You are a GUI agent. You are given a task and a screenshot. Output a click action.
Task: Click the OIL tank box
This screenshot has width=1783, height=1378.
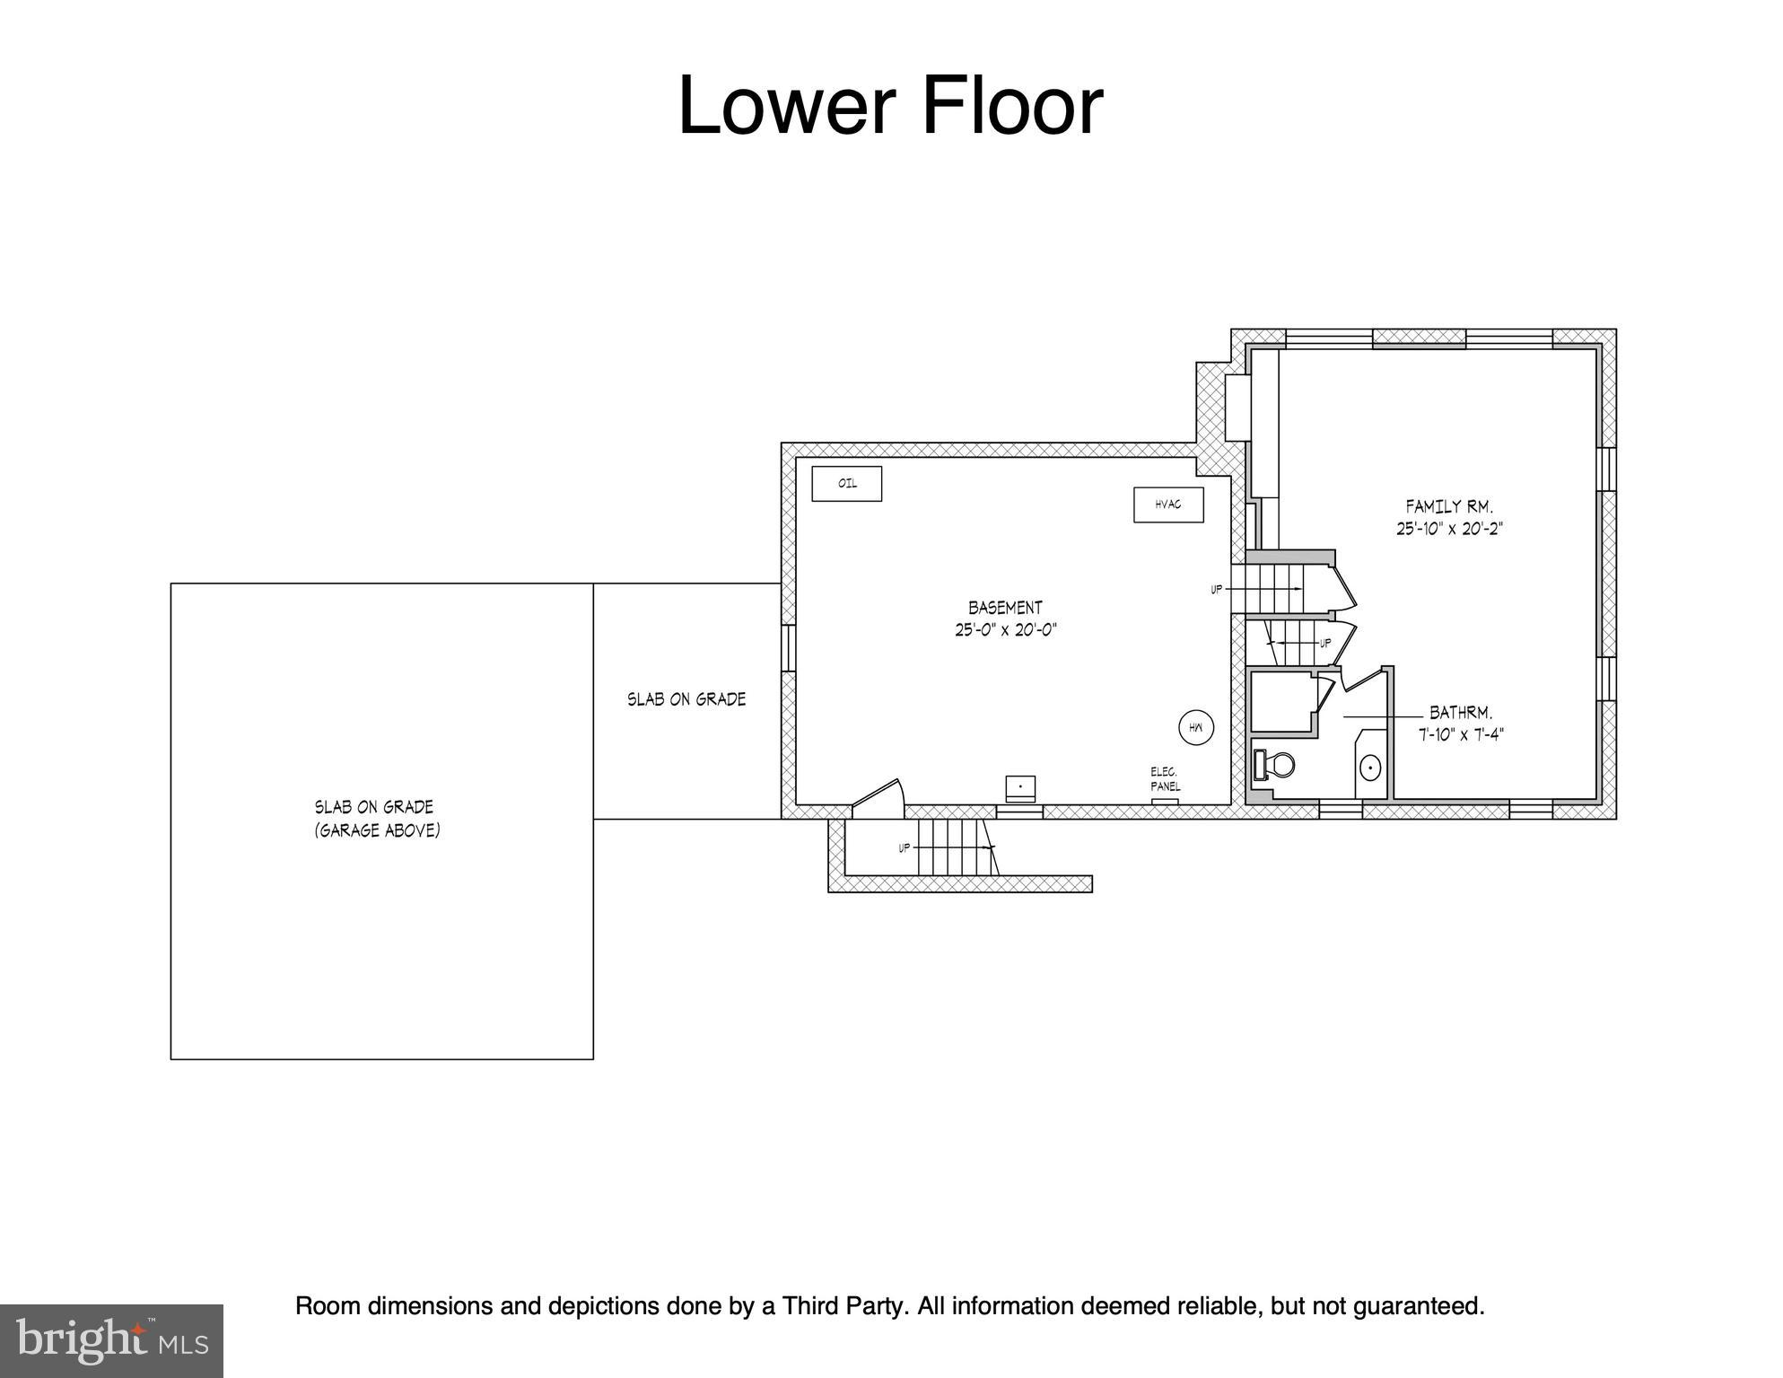pos(846,484)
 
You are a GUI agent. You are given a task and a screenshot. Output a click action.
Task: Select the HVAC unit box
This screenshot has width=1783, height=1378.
pos(1168,505)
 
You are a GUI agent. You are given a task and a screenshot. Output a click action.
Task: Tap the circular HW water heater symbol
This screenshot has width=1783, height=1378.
pos(1196,728)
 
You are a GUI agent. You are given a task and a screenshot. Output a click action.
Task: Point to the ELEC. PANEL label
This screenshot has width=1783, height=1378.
pos(1166,779)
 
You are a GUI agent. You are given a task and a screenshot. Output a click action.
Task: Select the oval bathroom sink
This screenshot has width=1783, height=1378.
pos(1370,768)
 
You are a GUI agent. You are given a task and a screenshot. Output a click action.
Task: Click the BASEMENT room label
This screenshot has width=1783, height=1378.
pos(1005,608)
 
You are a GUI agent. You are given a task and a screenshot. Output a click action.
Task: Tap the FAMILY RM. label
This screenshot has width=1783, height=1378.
pos(1449,507)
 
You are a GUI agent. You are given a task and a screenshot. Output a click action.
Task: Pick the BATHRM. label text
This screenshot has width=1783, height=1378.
pos(1461,713)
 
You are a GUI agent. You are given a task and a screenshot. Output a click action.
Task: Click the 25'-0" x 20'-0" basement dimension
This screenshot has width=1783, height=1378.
pos(1006,630)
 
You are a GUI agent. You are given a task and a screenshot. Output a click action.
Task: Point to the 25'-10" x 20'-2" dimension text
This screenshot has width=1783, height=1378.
pos(1449,529)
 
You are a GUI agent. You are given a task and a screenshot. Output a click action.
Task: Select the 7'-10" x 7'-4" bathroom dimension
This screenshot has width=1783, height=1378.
pos(1461,734)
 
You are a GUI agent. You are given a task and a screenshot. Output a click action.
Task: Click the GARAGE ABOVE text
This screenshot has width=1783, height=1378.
pos(377,830)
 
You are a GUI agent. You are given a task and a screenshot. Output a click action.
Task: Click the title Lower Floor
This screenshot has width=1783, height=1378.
pos(890,105)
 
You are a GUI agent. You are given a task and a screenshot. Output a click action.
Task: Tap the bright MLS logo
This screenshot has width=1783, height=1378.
pos(111,1341)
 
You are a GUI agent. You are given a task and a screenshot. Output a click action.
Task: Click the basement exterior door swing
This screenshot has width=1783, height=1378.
pos(877,799)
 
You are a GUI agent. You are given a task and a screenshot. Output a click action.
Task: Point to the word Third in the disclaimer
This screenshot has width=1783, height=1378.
pos(810,1306)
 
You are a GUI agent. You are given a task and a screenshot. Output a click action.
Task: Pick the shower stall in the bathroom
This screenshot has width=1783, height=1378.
pos(1284,703)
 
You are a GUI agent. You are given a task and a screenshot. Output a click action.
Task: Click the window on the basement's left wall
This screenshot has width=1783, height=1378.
pos(788,647)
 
